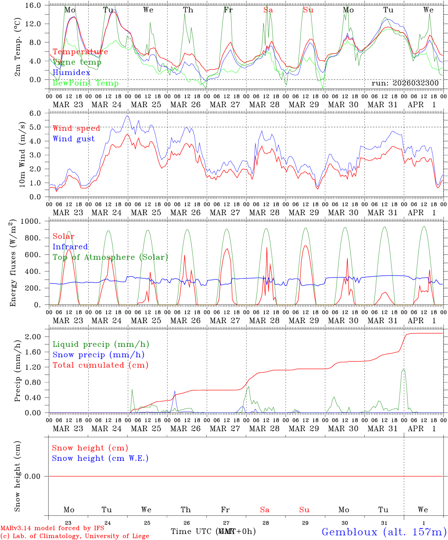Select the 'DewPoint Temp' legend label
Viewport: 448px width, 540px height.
tap(86, 83)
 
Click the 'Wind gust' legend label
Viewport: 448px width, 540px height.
tap(74, 139)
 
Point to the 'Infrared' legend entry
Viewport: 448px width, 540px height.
tap(70, 247)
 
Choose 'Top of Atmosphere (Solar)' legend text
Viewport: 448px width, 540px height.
tap(110, 257)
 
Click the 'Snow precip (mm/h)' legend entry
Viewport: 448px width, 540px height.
tap(98, 355)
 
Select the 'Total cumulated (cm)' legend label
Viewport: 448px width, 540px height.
tap(100, 365)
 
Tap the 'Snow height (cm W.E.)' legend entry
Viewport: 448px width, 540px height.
tap(100, 458)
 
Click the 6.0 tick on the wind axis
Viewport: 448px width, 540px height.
tap(35, 113)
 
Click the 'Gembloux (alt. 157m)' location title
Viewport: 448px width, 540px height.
tap(384, 532)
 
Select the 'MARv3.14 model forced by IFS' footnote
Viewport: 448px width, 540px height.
tap(52, 528)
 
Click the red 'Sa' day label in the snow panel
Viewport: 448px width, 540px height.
tap(265, 510)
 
